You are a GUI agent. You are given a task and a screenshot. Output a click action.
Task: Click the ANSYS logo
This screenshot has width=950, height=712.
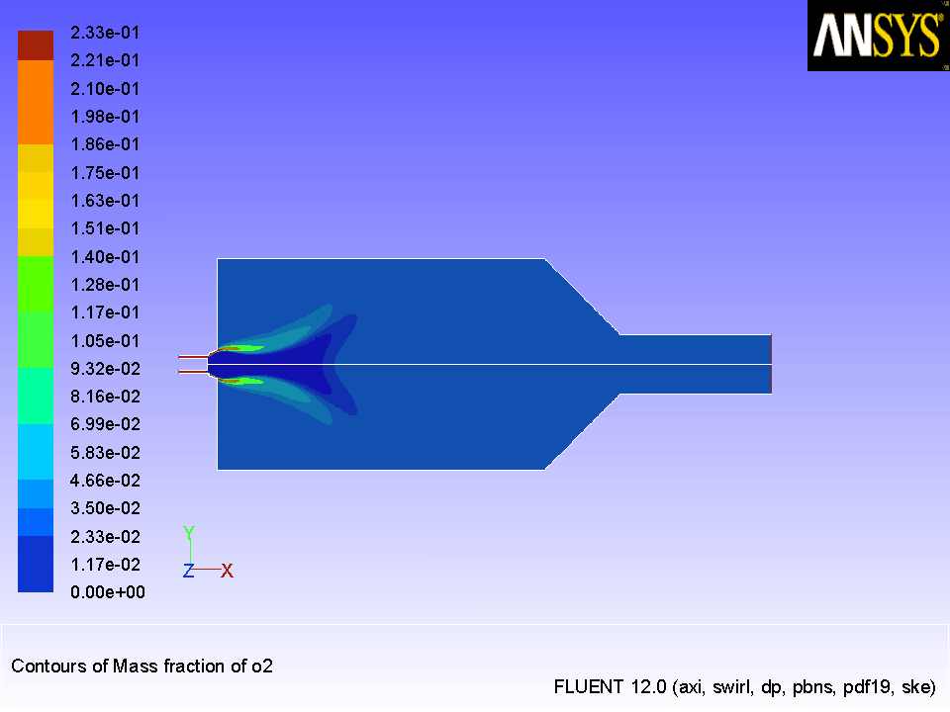click(x=878, y=36)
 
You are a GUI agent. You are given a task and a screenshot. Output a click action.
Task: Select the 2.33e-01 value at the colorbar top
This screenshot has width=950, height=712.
click(x=105, y=32)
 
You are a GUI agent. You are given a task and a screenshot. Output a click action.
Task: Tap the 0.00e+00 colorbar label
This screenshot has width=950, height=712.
click(x=108, y=592)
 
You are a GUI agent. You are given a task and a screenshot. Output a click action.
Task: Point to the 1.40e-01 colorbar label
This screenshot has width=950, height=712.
click(x=105, y=257)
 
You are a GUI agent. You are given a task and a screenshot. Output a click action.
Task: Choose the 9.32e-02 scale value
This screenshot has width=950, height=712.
click(x=105, y=369)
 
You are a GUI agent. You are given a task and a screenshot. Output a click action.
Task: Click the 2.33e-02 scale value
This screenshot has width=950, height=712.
click(x=105, y=536)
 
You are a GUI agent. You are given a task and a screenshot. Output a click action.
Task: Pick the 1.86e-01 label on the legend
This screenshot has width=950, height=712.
click(x=105, y=144)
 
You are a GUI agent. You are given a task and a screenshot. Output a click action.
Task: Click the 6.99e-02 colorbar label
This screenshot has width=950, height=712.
click(x=105, y=424)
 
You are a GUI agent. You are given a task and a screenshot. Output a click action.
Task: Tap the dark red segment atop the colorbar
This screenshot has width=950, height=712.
click(x=36, y=45)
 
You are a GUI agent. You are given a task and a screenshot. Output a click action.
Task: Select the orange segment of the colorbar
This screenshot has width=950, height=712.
click(x=36, y=102)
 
